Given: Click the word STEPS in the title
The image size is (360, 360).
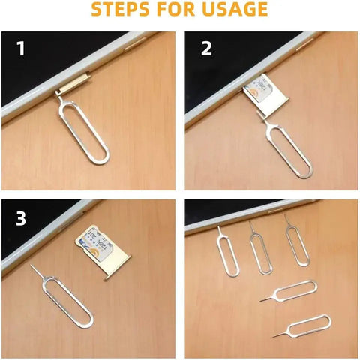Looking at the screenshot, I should [130, 10].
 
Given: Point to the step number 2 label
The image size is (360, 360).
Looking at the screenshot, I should [205, 49].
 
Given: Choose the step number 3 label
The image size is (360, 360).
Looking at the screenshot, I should [22, 219].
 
